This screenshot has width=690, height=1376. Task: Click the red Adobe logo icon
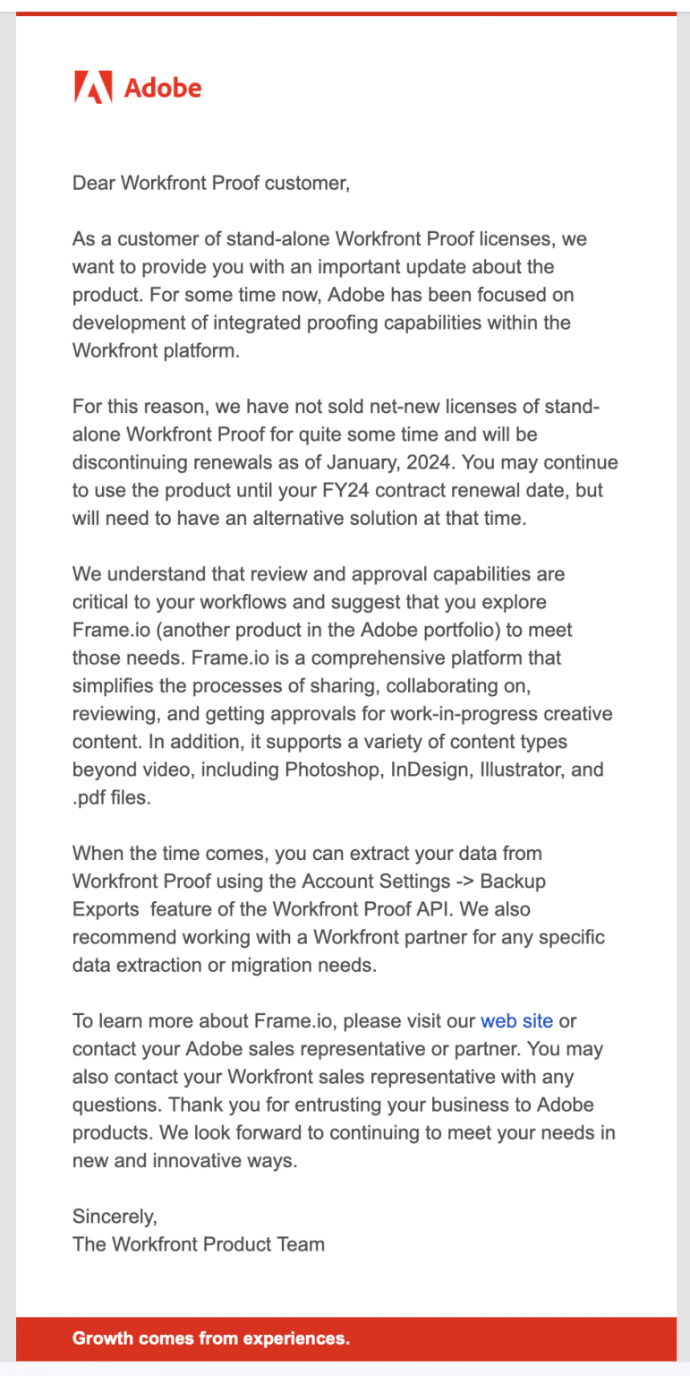tap(93, 87)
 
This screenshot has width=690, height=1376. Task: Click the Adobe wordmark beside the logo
tap(162, 88)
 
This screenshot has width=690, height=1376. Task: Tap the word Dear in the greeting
tap(94, 183)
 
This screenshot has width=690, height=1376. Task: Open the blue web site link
tap(516, 1020)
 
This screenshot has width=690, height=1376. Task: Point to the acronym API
tap(466, 909)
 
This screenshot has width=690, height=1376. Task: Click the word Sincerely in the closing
tap(115, 1216)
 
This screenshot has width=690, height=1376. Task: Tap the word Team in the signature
tap(301, 1243)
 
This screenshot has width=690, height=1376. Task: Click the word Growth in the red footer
tap(101, 1338)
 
